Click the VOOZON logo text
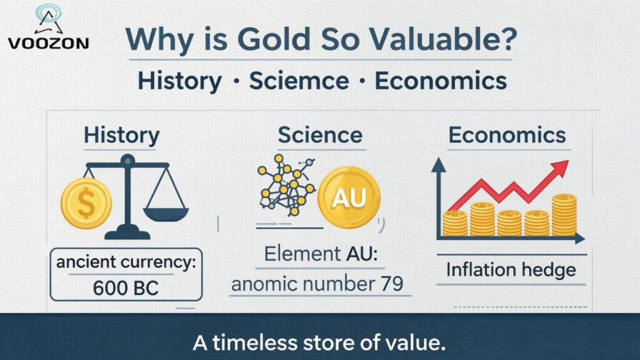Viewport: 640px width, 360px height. pos(48,42)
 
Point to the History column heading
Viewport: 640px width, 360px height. pos(121,135)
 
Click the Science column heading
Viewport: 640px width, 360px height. pos(320,135)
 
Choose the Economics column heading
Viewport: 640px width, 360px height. pos(507,135)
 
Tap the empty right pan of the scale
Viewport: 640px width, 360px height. pos(165,212)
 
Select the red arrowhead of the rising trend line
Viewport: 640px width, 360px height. pos(561,167)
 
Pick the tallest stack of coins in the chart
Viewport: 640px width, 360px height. pos(564,214)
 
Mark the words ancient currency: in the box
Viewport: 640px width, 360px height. pos(126,263)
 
